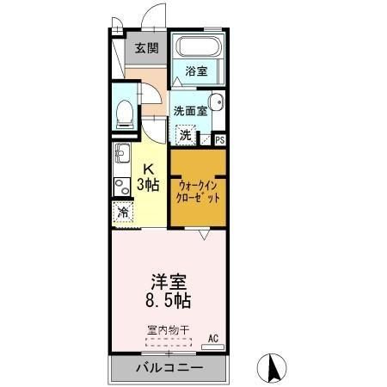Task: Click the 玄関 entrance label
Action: (x=144, y=49)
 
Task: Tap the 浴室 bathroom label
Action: (x=196, y=72)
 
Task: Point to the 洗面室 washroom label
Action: (x=189, y=110)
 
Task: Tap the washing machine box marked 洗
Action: (x=186, y=135)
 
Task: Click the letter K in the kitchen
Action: (x=148, y=169)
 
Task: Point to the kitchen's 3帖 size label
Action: (x=148, y=185)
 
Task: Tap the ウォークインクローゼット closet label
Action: (x=199, y=191)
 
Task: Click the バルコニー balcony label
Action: (x=169, y=368)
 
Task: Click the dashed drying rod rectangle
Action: (x=168, y=341)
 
